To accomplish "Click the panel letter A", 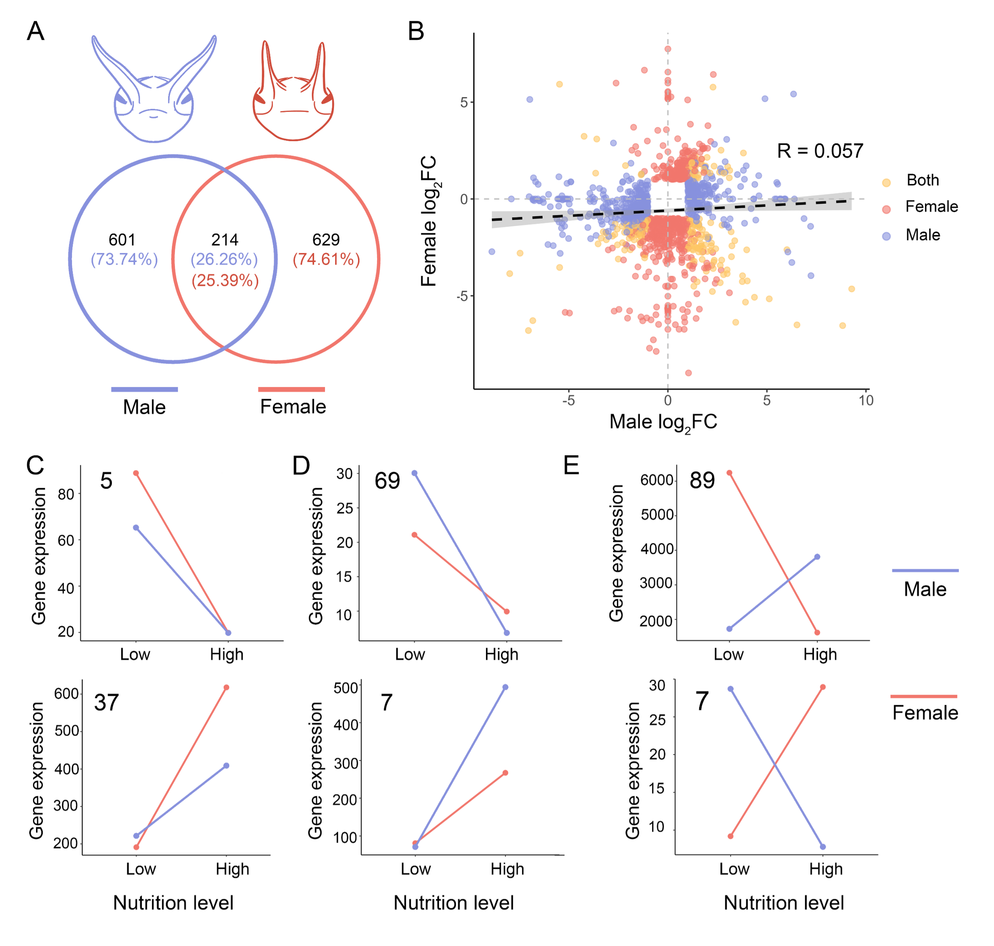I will click(35, 31).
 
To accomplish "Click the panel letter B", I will click(416, 31).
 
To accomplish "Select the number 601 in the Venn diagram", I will click(122, 239).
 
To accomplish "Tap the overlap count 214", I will click(225, 239).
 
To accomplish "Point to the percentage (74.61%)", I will click(326, 259).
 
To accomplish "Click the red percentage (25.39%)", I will click(225, 281).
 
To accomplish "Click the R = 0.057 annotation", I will click(820, 151).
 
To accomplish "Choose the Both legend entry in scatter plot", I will click(922, 180).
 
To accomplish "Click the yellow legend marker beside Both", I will click(886, 183).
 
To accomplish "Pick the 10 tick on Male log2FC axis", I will click(866, 401).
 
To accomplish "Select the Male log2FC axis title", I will click(663, 422).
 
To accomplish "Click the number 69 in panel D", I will click(387, 481).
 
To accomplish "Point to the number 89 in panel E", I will click(702, 480).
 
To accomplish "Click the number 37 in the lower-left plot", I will click(106, 702).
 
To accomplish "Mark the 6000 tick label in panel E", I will click(656, 480).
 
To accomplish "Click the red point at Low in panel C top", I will click(136, 473).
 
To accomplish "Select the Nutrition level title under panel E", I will click(784, 903).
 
